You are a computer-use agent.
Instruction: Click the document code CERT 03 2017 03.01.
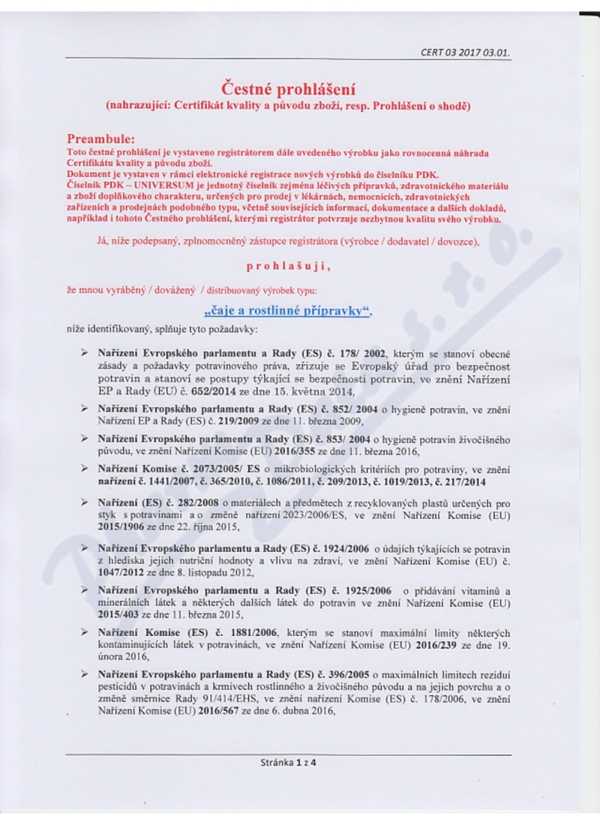469,53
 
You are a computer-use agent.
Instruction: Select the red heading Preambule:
101,139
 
